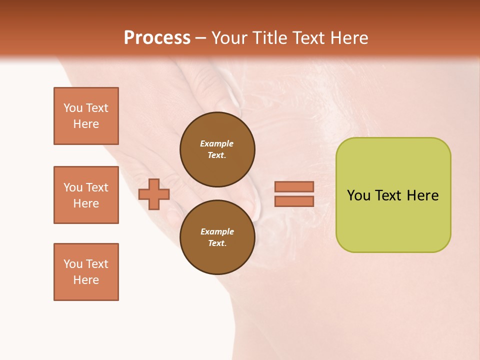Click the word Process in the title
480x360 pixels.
pos(157,38)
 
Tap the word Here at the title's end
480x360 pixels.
pos(348,38)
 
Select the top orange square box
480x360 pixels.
pos(86,116)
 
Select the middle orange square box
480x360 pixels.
pos(86,195)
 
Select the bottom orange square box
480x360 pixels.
pos(86,272)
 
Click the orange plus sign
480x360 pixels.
pos(154,194)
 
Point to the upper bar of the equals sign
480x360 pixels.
pos(294,186)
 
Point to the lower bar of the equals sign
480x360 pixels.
pos(294,201)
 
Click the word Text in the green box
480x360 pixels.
pos(388,195)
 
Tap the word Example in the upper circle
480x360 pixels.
pos(216,144)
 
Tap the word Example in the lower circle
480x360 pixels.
pos(217,232)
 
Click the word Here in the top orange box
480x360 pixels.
pos(86,124)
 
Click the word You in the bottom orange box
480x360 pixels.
pos(72,264)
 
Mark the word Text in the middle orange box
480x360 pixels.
pos(96,187)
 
